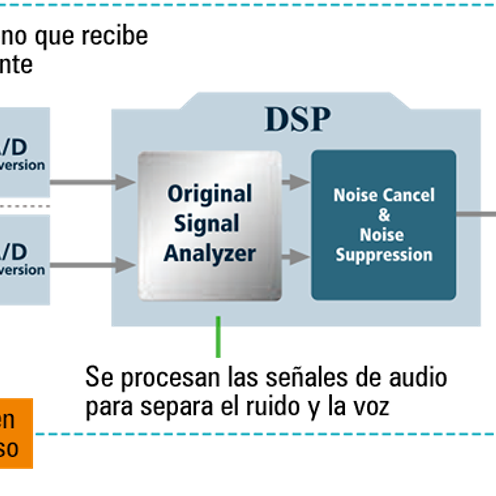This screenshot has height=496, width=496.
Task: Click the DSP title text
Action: [x=297, y=119]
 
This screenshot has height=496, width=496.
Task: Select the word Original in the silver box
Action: [x=209, y=194]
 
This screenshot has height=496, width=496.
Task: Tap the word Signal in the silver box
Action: [x=207, y=224]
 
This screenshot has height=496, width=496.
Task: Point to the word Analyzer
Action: [x=209, y=254]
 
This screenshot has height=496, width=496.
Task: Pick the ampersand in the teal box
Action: [x=384, y=215]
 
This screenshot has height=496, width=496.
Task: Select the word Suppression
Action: [x=384, y=255]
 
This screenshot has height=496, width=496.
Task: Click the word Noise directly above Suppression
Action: [x=381, y=235]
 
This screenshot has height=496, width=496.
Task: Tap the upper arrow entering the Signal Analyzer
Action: [x=124, y=182]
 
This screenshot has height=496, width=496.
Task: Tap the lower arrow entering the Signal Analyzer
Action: [x=124, y=265]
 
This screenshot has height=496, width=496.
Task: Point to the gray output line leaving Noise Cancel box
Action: [x=476, y=214]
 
